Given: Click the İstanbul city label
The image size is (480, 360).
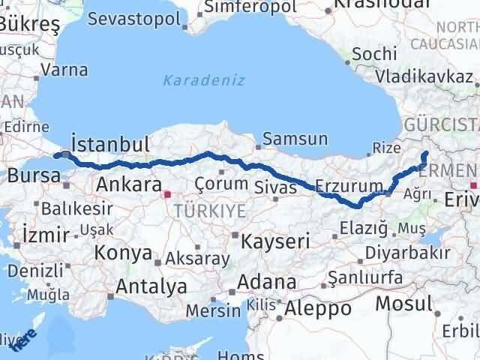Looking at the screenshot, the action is pyautogui.click(x=109, y=144).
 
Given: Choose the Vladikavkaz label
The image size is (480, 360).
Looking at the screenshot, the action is pyautogui.click(x=424, y=76).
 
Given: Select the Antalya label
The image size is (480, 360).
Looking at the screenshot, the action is pyautogui.click(x=152, y=286).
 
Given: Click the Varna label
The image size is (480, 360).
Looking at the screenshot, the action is pyautogui.click(x=64, y=70).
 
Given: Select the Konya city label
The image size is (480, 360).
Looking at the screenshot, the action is pyautogui.click(x=123, y=253).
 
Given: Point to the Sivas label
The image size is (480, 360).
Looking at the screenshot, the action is pyautogui.click(x=275, y=186).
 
